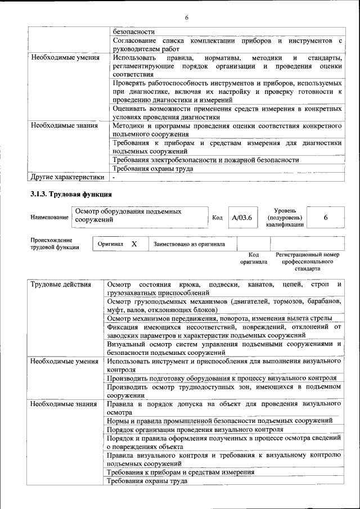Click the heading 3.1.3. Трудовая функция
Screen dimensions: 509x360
[71, 195]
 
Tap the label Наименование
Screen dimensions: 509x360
[49, 217]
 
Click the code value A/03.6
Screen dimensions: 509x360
[242, 217]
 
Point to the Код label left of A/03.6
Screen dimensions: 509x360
[217, 217]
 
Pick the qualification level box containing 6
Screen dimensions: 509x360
[326, 217]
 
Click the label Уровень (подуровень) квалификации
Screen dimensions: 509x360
[285, 217]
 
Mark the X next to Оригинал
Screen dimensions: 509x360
[134, 244]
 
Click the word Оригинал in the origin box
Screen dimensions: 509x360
[111, 244]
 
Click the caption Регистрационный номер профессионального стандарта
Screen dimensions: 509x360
[307, 262]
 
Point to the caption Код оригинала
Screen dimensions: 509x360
[253, 258]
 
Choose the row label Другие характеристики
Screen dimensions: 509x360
[67, 177]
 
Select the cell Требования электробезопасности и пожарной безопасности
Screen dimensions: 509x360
[206, 160]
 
